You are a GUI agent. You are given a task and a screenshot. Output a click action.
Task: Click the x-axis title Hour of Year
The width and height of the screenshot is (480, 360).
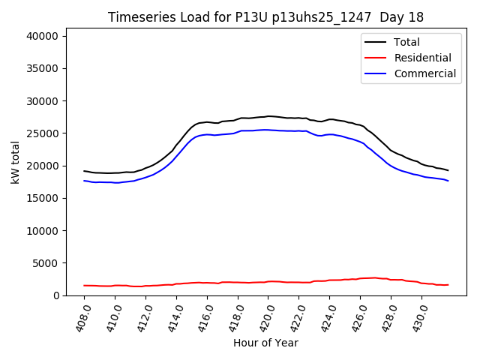click(x=265, y=343)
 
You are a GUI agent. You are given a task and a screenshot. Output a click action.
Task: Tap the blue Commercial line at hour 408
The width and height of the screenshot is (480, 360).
click(x=85, y=181)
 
